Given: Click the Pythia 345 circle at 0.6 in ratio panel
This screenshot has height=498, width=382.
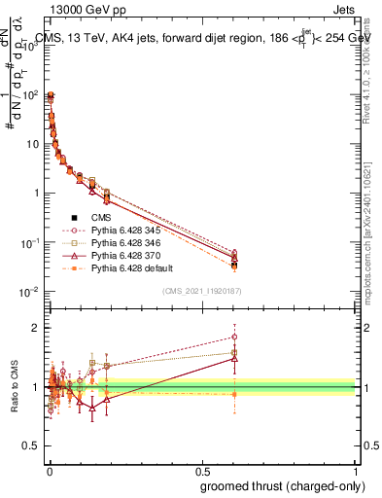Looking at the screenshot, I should point(233,337).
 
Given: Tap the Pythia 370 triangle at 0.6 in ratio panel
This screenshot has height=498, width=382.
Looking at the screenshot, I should point(233,358).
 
